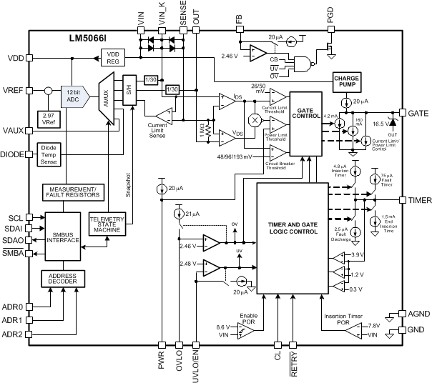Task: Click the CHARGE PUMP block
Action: [x=346, y=82]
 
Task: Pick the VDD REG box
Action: [x=112, y=57]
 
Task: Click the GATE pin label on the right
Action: [x=416, y=114]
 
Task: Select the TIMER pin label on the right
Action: [x=416, y=200]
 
